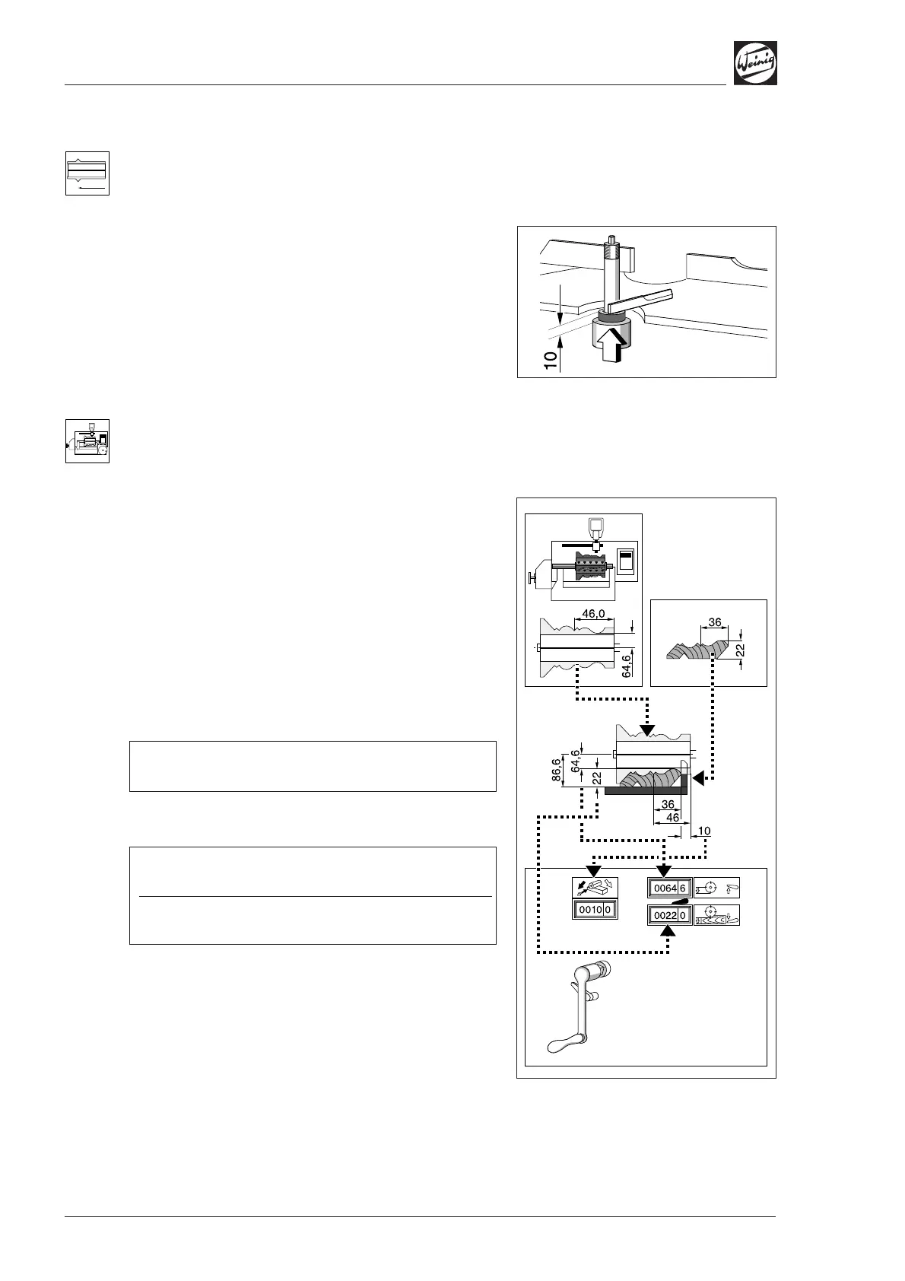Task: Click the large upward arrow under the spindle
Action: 614,344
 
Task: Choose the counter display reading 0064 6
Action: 669,888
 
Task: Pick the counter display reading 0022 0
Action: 669,915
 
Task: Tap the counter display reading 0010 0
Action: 595,909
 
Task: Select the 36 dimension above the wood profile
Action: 714,621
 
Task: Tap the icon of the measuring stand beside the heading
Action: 87,441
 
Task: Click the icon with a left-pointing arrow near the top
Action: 87,173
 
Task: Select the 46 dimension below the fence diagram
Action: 672,818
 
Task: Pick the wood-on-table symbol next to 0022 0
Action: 716,915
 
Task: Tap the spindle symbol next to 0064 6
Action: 716,888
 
